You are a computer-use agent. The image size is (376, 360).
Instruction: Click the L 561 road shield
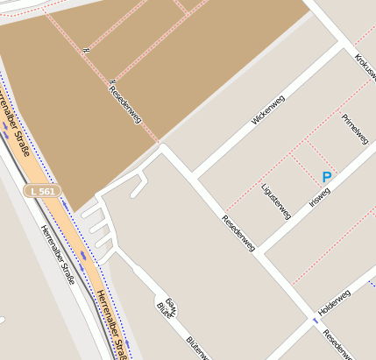[42, 190]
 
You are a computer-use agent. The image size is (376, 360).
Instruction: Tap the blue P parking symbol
[327, 177]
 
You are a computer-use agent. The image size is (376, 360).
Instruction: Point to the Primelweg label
[355, 128]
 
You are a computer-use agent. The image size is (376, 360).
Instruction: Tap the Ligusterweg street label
[275, 201]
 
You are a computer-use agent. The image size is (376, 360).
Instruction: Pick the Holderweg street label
[334, 302]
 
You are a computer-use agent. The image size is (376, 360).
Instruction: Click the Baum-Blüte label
[167, 307]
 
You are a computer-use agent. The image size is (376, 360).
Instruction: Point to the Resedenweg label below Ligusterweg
[238, 234]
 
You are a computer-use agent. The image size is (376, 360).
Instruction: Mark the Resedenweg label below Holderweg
[337, 344]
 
